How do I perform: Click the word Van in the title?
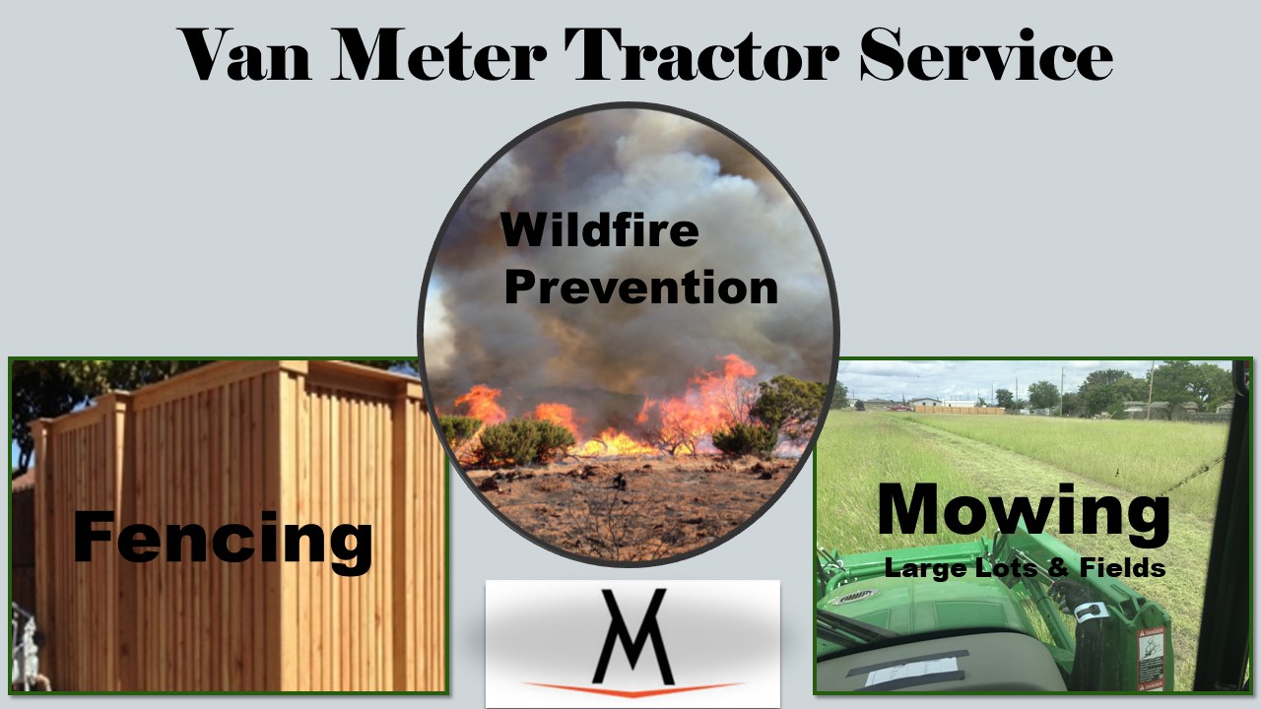244,54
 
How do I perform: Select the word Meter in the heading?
438,54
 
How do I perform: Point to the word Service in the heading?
986,54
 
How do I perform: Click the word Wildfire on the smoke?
599,229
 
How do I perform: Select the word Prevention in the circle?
640,287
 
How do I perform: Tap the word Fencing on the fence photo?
223,541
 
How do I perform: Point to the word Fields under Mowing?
1122,567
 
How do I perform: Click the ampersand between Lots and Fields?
1058,567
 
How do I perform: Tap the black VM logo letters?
633,637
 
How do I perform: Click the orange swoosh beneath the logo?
633,688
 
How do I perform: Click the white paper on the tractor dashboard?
911,672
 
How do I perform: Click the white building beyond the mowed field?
925,402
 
